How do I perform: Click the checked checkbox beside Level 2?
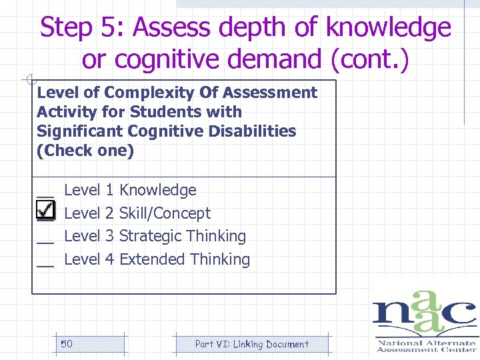(45, 211)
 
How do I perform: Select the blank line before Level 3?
(45, 241)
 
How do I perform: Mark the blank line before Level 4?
(45, 265)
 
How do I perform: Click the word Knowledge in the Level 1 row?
(157, 190)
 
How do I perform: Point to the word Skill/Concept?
(165, 213)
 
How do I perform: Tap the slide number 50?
(67, 344)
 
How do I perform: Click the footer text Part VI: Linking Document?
(251, 344)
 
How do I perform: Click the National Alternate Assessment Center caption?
(427, 346)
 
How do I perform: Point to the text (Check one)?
(85, 151)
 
